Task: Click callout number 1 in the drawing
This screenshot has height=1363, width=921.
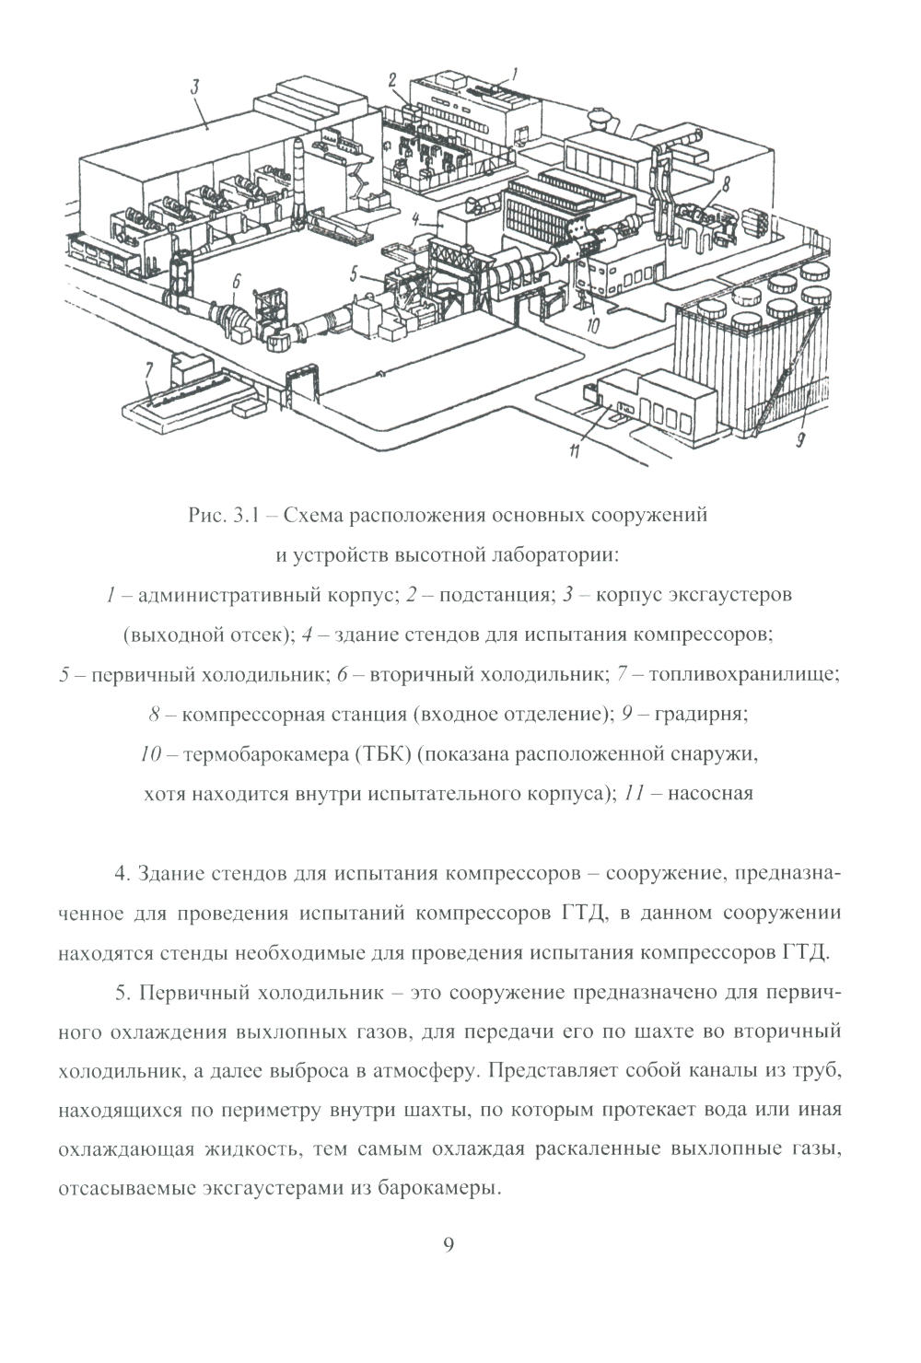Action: [515, 71]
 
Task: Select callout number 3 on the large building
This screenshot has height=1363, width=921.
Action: [195, 88]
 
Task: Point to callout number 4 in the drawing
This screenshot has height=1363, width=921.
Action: [416, 219]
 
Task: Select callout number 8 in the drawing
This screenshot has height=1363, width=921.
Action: [727, 184]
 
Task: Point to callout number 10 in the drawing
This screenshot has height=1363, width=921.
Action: [593, 324]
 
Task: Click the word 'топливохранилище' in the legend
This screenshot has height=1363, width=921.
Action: [744, 674]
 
